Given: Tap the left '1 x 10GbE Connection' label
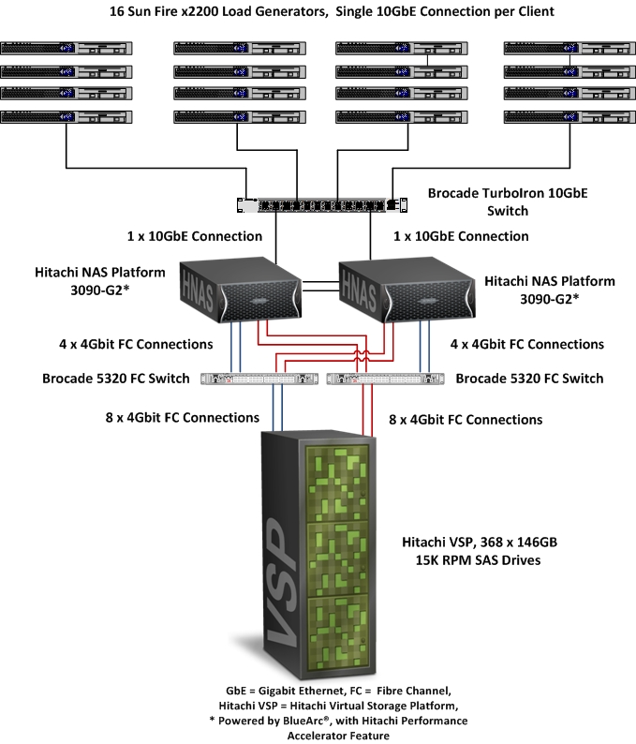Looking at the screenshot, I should pyautogui.click(x=195, y=236).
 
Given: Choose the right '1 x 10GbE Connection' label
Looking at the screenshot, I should pyautogui.click(x=461, y=236).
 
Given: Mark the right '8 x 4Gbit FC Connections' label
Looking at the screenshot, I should pyautogui.click(x=466, y=419).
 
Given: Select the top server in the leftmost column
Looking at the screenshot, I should pyautogui.click(x=66, y=47).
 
